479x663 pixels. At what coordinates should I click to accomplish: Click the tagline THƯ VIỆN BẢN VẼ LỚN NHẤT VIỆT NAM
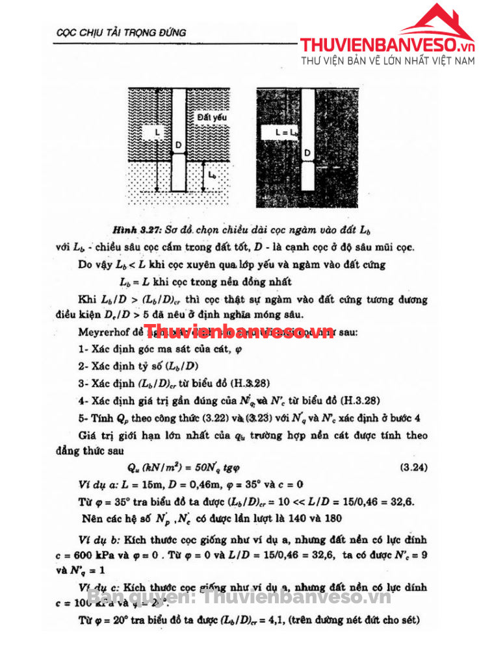[x=388, y=61]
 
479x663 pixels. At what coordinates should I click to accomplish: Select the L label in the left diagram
[x=157, y=132]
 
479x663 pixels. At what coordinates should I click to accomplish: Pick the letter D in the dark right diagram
[x=307, y=153]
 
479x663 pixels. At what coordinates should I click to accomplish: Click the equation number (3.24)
[x=413, y=468]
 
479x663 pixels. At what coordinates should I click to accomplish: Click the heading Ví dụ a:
[x=98, y=485]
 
